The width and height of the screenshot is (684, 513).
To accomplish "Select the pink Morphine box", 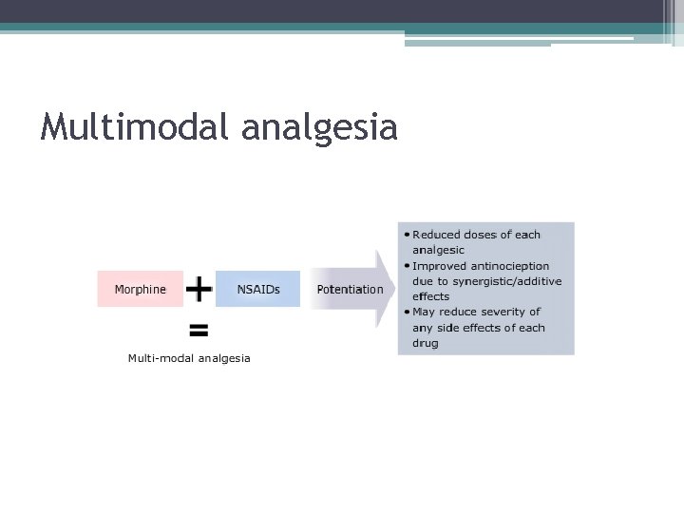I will click(140, 289).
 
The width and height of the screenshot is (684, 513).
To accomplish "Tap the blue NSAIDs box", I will click(257, 289).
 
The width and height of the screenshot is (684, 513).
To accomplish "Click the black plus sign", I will click(199, 288).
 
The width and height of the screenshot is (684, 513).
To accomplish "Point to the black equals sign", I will click(199, 331).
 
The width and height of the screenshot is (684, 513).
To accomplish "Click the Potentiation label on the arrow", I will click(350, 289).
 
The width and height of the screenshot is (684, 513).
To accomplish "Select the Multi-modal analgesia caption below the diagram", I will click(189, 358).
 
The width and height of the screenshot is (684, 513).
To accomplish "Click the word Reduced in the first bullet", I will click(435, 235).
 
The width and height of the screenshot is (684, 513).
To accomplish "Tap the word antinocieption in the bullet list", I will click(507, 266).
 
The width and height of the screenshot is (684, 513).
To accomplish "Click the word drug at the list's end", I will click(426, 343).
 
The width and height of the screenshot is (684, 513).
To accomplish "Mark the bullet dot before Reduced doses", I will click(407, 235).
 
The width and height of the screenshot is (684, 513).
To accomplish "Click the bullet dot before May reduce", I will click(407, 312).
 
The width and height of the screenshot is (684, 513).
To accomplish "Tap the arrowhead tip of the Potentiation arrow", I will click(393, 289).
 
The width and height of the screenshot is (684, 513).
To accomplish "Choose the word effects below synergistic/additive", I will click(431, 296).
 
